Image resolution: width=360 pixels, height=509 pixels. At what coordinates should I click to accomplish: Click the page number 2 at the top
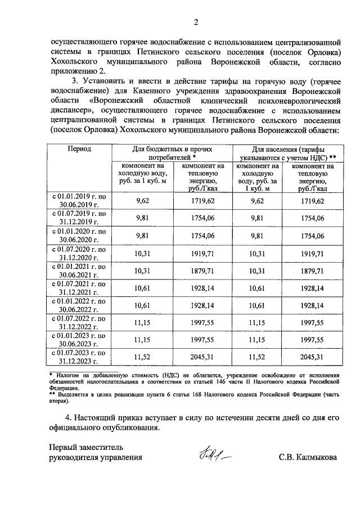pos(196,22)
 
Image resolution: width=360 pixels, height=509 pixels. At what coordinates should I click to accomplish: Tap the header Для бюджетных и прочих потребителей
pos(173,153)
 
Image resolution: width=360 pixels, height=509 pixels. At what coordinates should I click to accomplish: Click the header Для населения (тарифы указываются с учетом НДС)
pos(294,153)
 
